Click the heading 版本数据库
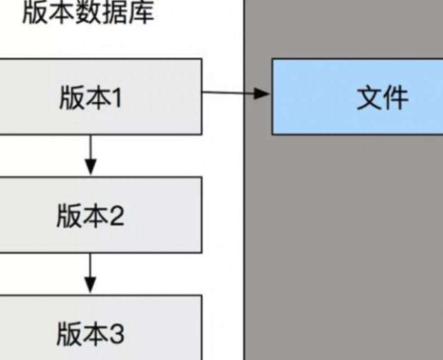click(x=87, y=13)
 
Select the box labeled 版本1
click(x=100, y=96)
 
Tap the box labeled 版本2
click(x=100, y=215)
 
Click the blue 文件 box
click(x=357, y=97)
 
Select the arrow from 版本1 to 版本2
click(x=91, y=155)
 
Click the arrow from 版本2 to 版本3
click(x=91, y=274)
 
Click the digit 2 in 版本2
click(x=116, y=216)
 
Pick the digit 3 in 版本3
click(x=116, y=335)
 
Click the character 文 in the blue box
click(x=369, y=98)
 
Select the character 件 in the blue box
click(x=395, y=98)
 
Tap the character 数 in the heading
click(x=87, y=13)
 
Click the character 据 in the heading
click(x=114, y=13)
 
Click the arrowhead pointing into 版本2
click(x=91, y=167)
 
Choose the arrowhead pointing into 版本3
click(x=91, y=286)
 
